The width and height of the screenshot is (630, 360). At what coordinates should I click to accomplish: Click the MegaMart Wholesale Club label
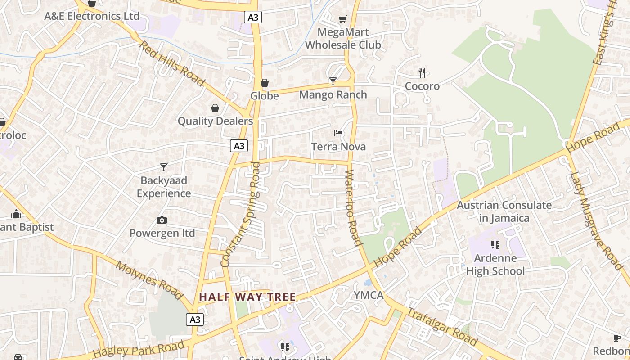click(x=343, y=39)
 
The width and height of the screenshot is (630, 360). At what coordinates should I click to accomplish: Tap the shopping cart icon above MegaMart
click(x=343, y=19)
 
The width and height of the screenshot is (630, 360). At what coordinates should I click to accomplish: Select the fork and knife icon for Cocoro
click(x=422, y=72)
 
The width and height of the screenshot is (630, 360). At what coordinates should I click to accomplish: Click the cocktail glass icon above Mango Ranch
click(x=333, y=81)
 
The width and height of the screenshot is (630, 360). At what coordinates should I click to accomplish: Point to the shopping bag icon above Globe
click(x=265, y=83)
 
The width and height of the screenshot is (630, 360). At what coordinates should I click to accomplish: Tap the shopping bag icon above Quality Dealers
click(x=215, y=108)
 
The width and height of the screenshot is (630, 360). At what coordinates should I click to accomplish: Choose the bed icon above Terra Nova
click(x=338, y=133)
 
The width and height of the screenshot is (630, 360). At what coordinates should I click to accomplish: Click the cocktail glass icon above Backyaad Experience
click(x=164, y=167)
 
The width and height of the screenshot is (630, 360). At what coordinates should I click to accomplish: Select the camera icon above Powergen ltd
click(x=162, y=220)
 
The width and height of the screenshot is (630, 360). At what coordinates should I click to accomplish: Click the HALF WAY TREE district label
click(x=247, y=297)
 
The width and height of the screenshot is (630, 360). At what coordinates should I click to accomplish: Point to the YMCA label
click(x=369, y=295)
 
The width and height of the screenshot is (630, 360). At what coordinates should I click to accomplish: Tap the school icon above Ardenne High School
click(x=495, y=245)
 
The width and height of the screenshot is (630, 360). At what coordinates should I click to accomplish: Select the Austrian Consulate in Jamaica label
click(x=504, y=211)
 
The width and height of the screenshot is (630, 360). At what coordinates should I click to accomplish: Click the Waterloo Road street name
click(x=354, y=208)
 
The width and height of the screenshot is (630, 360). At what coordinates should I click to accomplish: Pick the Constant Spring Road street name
click(x=241, y=214)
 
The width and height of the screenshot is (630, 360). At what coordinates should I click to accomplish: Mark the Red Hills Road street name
click(x=172, y=63)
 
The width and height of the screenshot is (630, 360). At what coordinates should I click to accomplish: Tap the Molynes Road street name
click(x=149, y=280)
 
